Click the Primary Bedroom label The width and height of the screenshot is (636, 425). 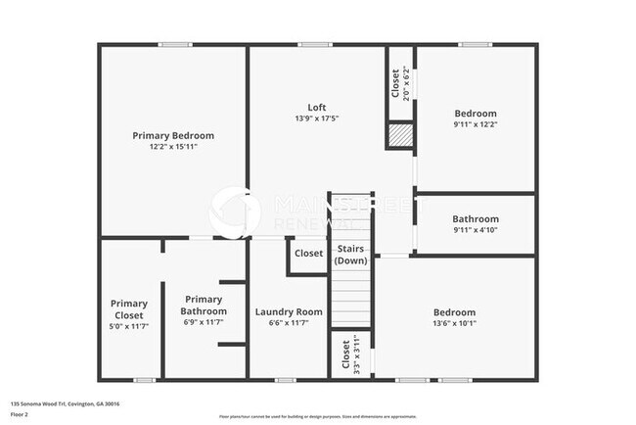173,135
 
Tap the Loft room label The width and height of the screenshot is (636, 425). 316,107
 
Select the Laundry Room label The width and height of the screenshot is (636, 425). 289,312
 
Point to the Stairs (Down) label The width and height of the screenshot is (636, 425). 350,255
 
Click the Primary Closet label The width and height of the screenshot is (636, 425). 128,309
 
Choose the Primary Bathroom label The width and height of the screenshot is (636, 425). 204,306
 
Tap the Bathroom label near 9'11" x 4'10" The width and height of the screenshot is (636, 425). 476,218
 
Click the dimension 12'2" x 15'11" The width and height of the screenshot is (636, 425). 173,147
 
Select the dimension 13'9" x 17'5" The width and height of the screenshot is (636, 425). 316,118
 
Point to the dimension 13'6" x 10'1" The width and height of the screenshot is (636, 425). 455,324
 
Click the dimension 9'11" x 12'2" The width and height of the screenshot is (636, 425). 476,124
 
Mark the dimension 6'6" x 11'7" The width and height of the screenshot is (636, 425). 289,324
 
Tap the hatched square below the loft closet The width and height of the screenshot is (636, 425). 400,136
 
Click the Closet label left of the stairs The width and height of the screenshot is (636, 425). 308,254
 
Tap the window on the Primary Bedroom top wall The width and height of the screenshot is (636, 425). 174,44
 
